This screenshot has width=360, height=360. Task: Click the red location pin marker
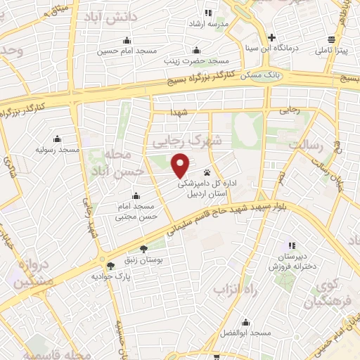(181, 166)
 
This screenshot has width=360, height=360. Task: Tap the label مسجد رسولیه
(58, 150)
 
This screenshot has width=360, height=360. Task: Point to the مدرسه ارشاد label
(206, 24)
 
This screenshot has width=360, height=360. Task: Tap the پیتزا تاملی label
(330, 51)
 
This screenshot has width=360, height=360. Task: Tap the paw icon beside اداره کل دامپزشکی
(207, 172)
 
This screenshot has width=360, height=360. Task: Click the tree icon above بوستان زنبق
(144, 249)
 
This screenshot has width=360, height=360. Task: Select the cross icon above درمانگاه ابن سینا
(271, 37)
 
